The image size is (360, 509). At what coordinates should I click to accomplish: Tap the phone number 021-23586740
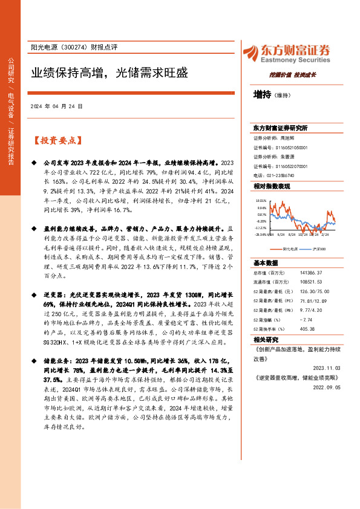286,175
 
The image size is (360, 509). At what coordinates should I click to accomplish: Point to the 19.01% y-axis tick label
261,200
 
